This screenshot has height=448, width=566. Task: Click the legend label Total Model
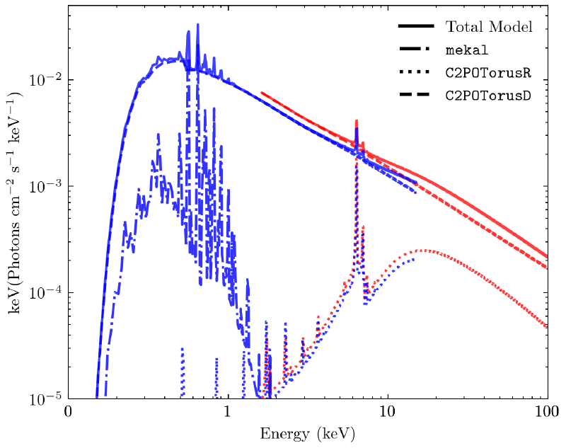[488, 27]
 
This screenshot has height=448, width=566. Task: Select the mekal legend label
[462, 50]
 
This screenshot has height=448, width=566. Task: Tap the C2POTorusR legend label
[488, 73]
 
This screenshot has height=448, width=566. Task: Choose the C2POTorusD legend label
[488, 95]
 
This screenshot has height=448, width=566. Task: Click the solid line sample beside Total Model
[416, 27]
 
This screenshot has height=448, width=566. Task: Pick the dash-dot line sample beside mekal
[416, 50]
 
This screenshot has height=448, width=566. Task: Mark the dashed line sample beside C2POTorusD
[416, 95]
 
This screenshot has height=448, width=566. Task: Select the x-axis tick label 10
[387, 412]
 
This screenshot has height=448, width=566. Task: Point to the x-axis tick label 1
[228, 412]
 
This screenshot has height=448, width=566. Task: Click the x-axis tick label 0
[68, 412]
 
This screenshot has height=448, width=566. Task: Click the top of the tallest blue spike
[197, 24]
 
